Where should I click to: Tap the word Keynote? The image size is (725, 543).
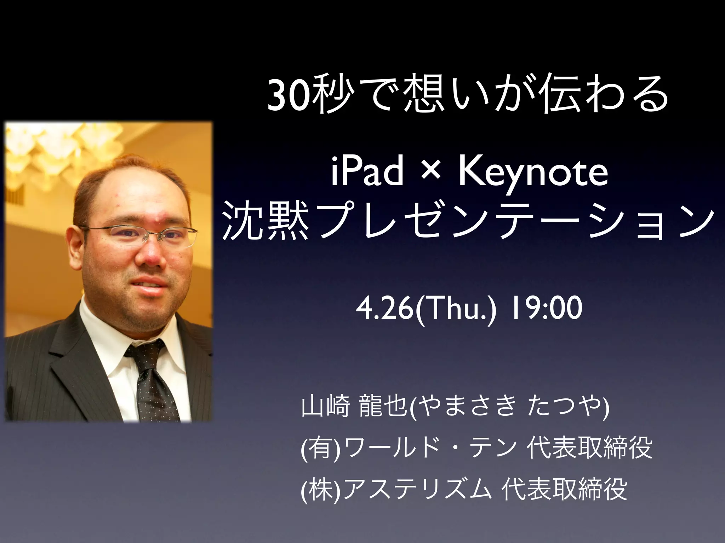click(x=533, y=173)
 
